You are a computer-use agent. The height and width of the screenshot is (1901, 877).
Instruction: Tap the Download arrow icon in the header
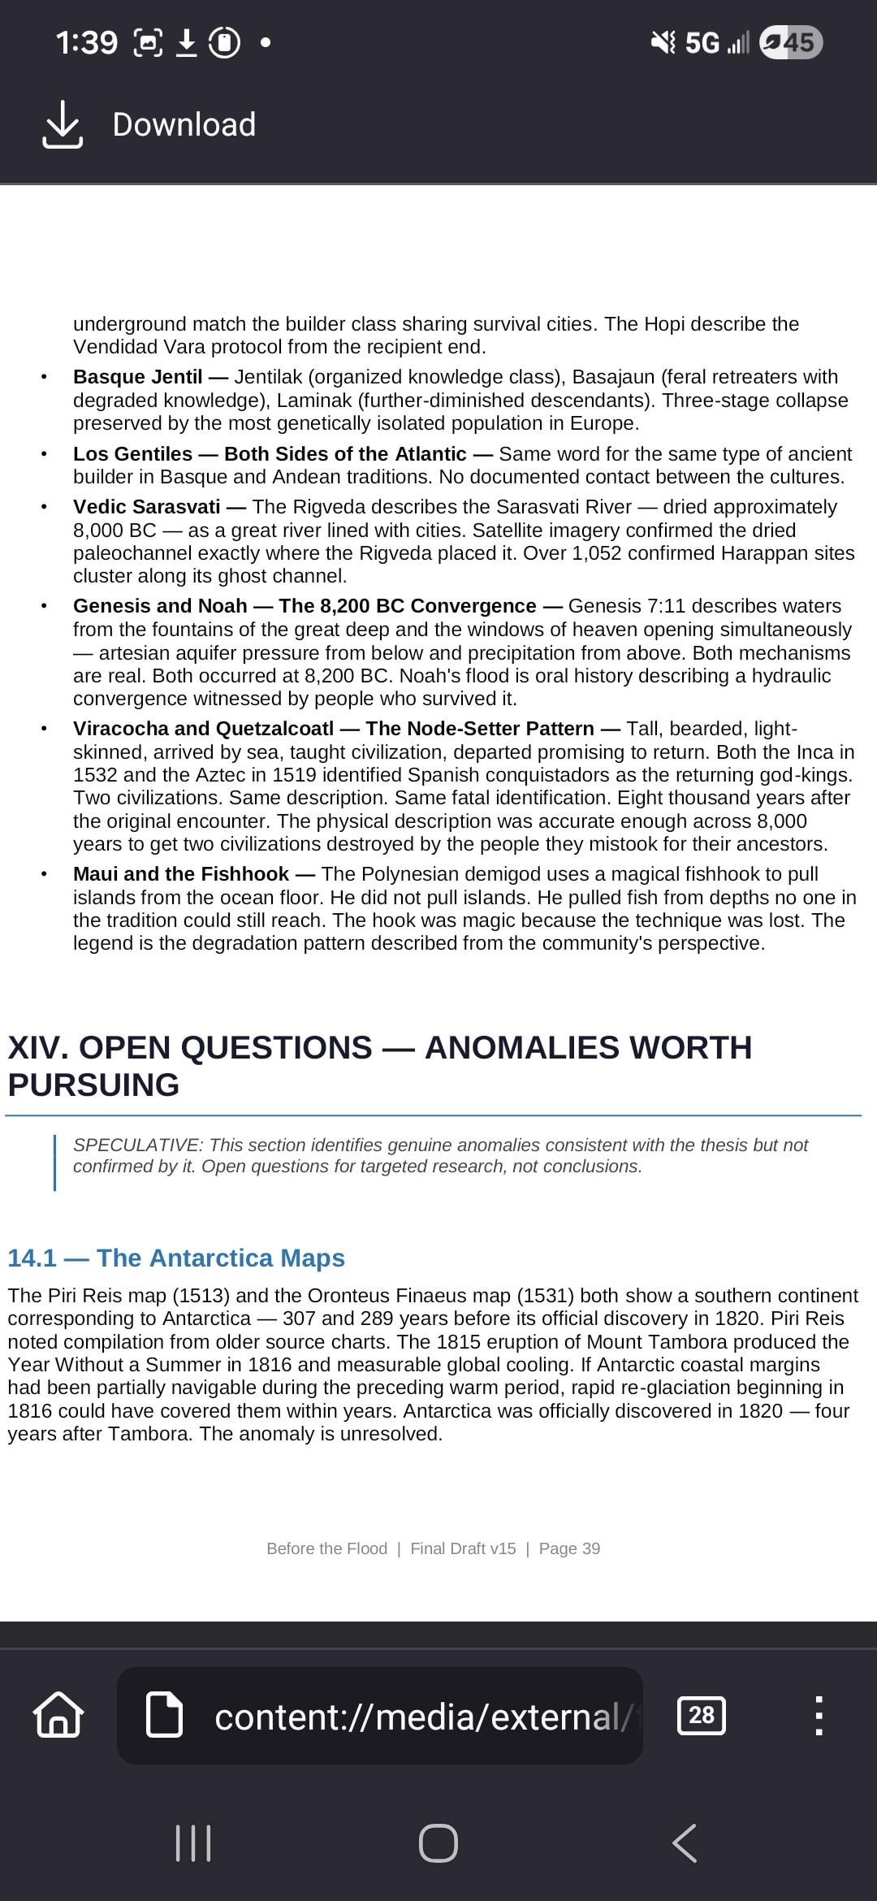pos(62,124)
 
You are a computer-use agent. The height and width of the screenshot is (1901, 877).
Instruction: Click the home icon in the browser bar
pos(58,1715)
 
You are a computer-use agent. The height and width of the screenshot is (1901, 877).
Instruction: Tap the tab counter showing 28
pos(701,1715)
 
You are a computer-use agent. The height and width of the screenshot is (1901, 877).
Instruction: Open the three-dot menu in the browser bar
pos(819,1715)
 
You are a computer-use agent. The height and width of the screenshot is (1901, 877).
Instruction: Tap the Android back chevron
pos(685,1843)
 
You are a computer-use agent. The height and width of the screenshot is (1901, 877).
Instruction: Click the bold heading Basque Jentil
pos(137,377)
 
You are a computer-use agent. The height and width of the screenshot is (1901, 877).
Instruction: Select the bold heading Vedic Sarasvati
pos(146,507)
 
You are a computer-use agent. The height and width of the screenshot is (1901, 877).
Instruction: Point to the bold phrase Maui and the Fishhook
pos(180,874)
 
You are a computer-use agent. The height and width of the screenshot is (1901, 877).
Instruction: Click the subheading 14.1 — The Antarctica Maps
pos(175,1258)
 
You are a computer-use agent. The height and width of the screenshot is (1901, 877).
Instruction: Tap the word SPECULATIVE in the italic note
pos(137,1145)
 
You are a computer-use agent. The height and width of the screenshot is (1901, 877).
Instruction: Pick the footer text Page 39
pos(569,1548)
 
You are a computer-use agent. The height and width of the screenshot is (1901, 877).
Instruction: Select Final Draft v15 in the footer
pos(463,1548)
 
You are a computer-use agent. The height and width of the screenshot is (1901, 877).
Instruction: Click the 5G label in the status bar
pos(702,42)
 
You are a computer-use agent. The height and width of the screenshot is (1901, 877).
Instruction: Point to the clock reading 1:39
pos(86,42)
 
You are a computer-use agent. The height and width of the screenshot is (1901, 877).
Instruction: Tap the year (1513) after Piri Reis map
pos(201,1296)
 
